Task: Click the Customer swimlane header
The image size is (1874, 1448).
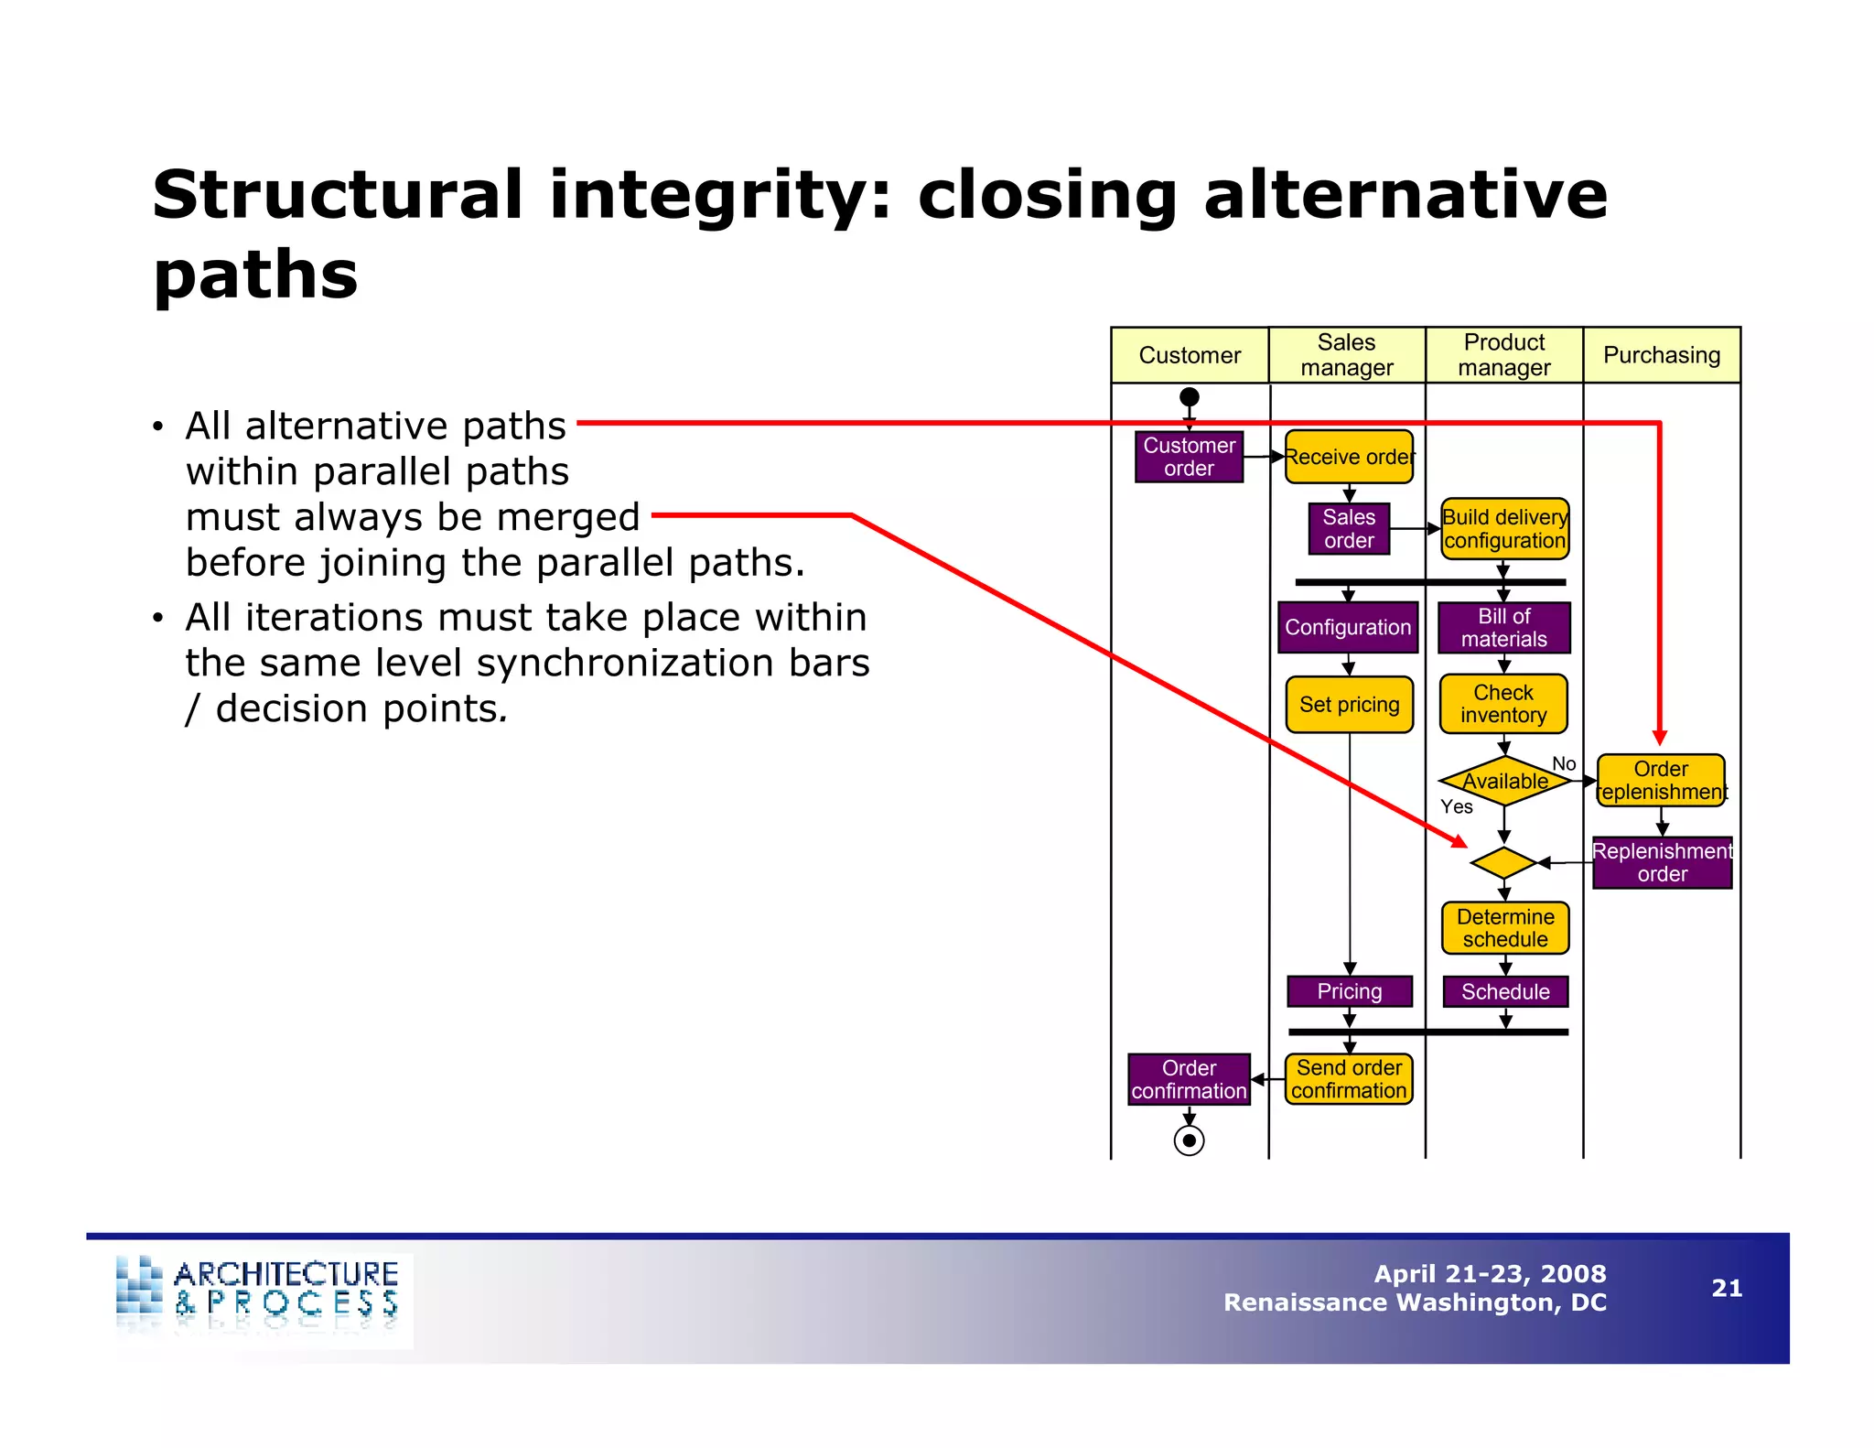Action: click(1190, 355)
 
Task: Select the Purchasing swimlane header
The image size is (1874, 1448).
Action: click(1662, 355)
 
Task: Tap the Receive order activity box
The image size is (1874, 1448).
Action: click(1349, 457)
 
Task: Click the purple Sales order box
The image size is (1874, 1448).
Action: click(1349, 529)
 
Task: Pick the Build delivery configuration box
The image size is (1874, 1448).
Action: click(1504, 529)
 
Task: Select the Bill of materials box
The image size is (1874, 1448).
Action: click(1503, 628)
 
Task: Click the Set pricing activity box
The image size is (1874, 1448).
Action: click(1350, 705)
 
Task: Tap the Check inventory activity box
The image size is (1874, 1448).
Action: click(1503, 704)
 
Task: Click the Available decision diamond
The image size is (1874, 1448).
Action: click(1505, 781)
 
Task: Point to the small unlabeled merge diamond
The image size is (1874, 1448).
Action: click(1503, 862)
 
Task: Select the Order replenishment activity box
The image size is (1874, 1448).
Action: click(1661, 781)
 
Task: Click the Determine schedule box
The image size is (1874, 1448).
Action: click(1505, 928)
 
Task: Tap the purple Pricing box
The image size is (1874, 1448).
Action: click(1350, 991)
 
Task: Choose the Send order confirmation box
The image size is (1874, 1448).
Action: click(1349, 1079)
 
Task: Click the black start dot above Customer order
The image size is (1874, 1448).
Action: click(1190, 397)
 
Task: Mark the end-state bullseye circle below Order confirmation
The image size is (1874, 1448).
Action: click(1189, 1140)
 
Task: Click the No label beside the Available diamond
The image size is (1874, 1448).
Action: click(1564, 763)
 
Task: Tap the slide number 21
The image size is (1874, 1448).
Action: click(1727, 1289)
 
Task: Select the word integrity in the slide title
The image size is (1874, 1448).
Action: click(719, 195)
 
